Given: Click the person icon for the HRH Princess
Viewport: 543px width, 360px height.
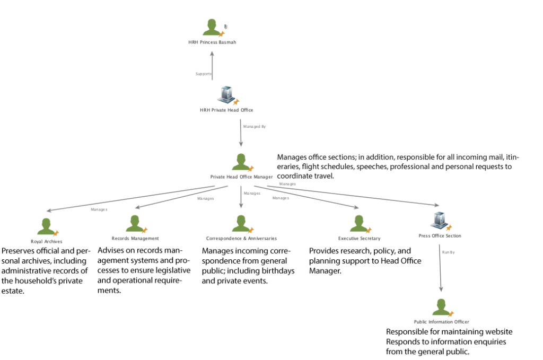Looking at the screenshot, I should (x=211, y=28).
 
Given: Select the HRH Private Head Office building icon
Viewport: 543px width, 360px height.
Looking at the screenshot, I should (x=226, y=94).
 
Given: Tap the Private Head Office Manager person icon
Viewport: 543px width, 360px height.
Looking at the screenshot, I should (x=240, y=162).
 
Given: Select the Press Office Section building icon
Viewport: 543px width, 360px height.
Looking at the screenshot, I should (x=439, y=219).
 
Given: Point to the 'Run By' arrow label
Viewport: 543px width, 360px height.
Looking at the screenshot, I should (x=449, y=252).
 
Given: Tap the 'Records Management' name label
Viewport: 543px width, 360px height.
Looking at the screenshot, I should (x=135, y=239).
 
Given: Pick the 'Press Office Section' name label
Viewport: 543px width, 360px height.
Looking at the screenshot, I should (x=439, y=235).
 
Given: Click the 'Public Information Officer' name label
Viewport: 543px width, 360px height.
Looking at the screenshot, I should (x=441, y=322).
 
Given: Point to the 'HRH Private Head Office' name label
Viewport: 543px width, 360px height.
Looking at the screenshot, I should (x=226, y=110).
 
